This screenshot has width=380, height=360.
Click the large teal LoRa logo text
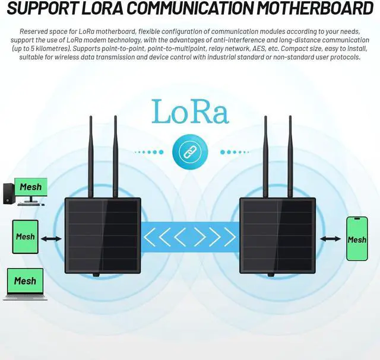[189, 111]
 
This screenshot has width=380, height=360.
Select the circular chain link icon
[185, 152]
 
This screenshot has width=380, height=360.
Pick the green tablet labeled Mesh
[25, 237]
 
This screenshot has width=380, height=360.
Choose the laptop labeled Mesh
[24, 283]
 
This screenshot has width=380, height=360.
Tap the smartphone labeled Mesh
[357, 239]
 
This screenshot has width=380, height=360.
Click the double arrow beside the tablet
[52, 239]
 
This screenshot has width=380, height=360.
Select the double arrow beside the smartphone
[330, 239]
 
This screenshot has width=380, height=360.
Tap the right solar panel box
[276, 235]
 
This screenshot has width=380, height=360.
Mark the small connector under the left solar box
[94, 275]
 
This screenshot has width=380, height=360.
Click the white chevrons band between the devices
[189, 237]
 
